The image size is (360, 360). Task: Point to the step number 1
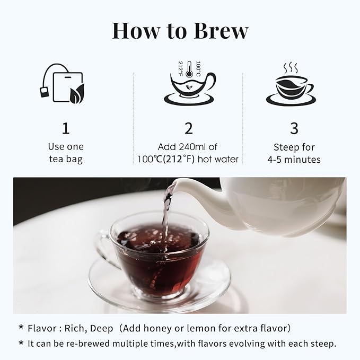[66, 128]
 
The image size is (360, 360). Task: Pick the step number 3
[294, 128]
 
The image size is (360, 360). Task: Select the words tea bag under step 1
[66, 159]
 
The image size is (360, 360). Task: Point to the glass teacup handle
[102, 249]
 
